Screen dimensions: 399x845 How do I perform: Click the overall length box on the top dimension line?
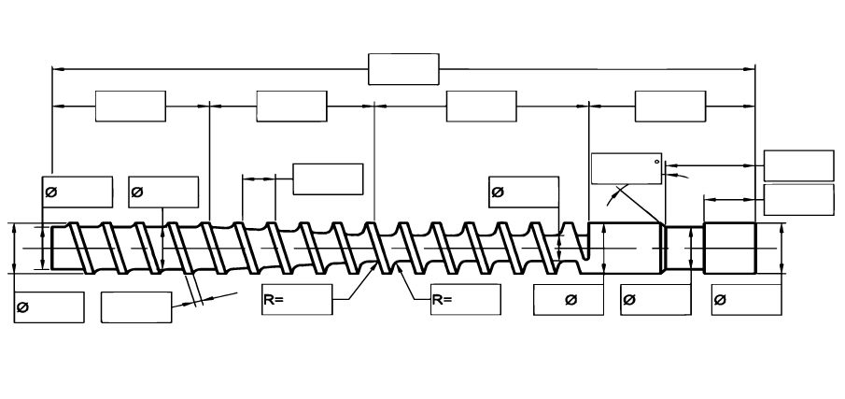[x=403, y=69]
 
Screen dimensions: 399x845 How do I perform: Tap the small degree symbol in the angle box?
[x=657, y=161]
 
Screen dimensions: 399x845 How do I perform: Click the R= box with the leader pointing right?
[x=297, y=301]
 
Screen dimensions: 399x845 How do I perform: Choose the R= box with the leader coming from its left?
[x=466, y=301]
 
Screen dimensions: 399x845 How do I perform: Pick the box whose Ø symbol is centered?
[x=570, y=301]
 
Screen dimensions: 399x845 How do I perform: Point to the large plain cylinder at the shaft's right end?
[x=729, y=248]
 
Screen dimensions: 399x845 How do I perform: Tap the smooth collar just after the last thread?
[x=625, y=248]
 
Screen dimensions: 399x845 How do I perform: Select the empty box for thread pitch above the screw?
[x=328, y=178]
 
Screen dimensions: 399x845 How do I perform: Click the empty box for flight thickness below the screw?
[x=135, y=307]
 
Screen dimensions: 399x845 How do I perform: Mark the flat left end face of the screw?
[x=51, y=248]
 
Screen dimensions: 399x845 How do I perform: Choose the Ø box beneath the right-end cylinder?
[x=745, y=301]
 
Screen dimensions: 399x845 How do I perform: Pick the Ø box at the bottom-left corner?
[x=49, y=307]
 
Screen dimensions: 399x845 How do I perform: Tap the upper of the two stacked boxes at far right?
[x=798, y=165]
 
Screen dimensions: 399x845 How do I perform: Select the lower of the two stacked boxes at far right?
[x=798, y=199]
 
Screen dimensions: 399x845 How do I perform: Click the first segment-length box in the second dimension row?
[x=131, y=107]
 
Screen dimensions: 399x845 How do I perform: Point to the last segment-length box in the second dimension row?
[x=670, y=107]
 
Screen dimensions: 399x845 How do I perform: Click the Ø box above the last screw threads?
[x=523, y=192]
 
